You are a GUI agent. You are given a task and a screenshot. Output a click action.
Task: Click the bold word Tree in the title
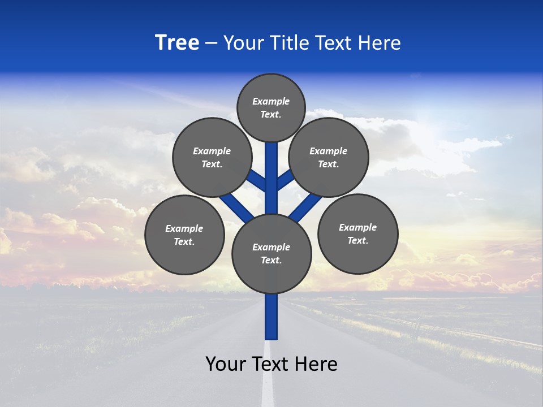(177, 43)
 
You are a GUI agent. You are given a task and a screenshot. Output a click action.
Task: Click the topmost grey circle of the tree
(271, 108)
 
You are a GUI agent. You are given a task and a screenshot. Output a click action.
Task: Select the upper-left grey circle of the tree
(212, 157)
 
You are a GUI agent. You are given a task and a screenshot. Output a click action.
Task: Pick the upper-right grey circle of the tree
(328, 157)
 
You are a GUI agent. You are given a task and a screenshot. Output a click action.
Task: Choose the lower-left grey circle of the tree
(184, 235)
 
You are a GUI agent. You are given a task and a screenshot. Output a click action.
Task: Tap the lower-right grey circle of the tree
(357, 233)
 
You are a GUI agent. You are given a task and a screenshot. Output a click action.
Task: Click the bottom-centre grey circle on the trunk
(271, 254)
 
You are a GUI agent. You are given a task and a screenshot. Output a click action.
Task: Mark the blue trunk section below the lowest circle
(271, 317)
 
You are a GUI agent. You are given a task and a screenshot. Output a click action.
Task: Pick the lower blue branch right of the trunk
(305, 207)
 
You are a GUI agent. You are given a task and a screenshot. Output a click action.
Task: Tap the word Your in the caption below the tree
(226, 364)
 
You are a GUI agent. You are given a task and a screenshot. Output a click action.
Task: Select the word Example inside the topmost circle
(271, 102)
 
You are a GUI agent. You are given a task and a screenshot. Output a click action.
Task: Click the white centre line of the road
(268, 379)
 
